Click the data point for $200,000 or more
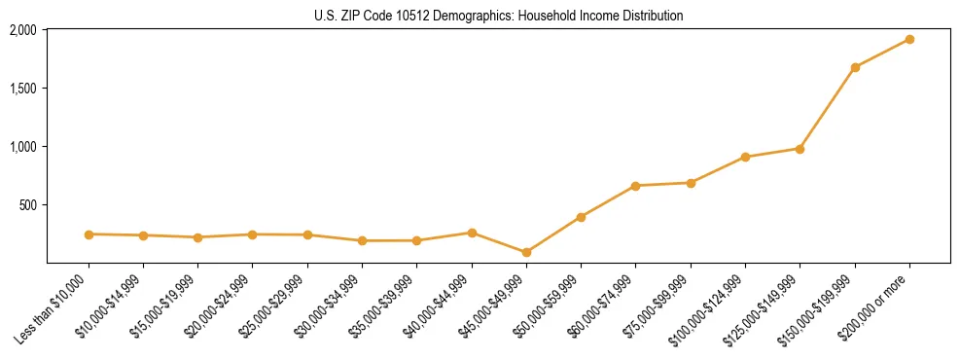click(x=909, y=39)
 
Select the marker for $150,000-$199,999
click(x=855, y=67)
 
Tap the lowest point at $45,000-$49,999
click(x=526, y=252)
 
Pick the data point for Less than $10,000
click(x=89, y=234)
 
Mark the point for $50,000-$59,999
click(x=581, y=217)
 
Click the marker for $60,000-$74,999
click(x=635, y=186)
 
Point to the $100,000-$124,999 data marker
click(x=745, y=157)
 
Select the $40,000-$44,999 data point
click(x=472, y=233)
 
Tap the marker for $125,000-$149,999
click(x=800, y=149)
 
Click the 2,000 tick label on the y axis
click(x=22, y=30)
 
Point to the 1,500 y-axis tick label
click(x=22, y=89)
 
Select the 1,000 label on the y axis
click(x=22, y=147)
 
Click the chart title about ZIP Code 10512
click(x=499, y=16)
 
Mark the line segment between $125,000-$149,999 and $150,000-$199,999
click(x=828, y=108)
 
